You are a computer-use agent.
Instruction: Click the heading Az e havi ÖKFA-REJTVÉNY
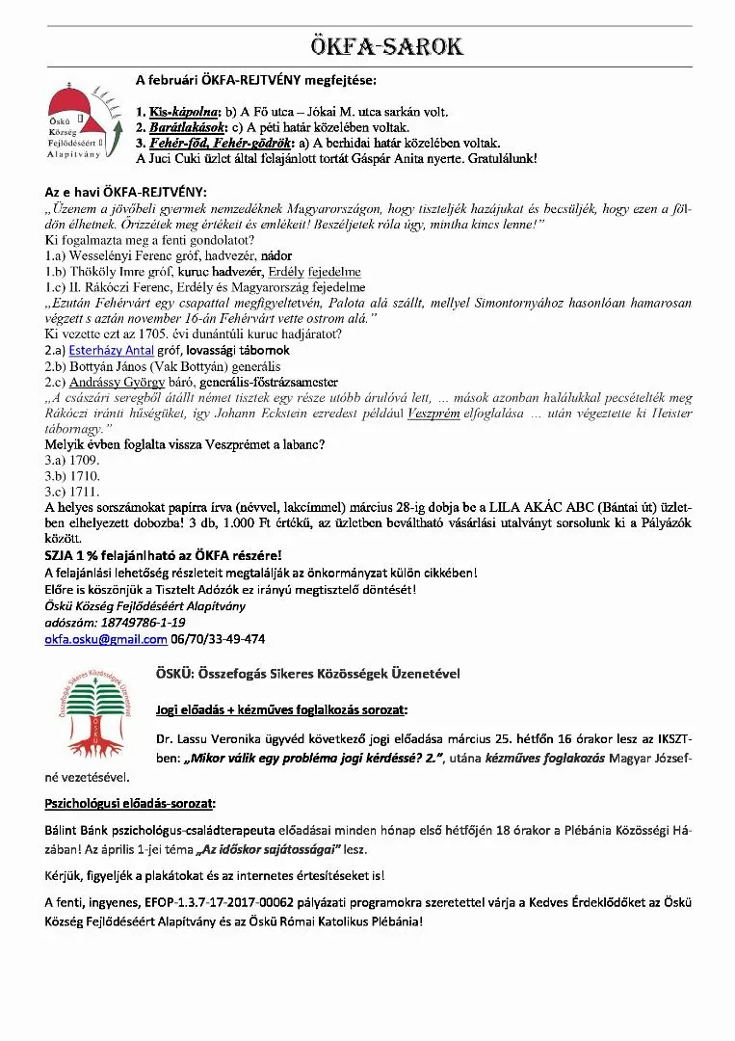126,192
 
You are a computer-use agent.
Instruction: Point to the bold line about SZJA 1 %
164,555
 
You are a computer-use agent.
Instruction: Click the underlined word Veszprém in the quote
434,412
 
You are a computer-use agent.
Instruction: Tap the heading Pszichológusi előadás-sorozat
130,803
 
